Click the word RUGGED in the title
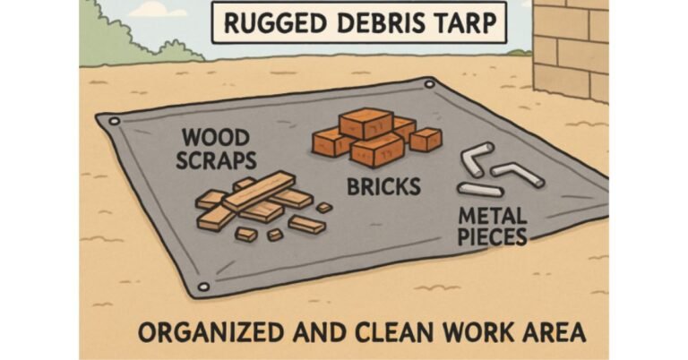click(x=264, y=23)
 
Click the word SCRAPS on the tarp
click(x=218, y=162)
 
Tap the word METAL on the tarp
click(x=490, y=216)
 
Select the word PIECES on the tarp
click(x=492, y=236)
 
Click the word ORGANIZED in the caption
click(x=202, y=333)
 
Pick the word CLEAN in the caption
click(x=376, y=333)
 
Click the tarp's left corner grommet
click(x=113, y=120)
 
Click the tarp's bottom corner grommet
click(x=202, y=287)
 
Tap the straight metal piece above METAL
click(x=480, y=189)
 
